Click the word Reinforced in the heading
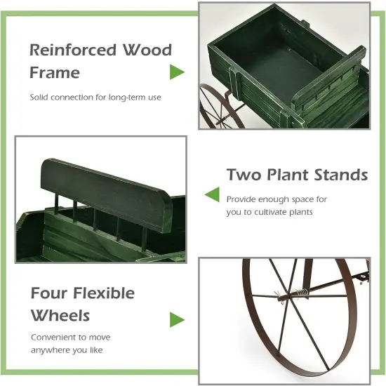click(x=72, y=51)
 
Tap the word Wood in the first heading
click(x=146, y=51)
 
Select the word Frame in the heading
click(x=55, y=72)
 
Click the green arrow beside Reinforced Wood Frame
click(x=177, y=72)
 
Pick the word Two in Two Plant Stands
click(x=243, y=175)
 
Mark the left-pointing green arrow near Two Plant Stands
click(x=211, y=194)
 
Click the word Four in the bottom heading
click(x=51, y=293)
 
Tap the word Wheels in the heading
click(x=60, y=315)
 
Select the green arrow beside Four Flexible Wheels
click(x=177, y=319)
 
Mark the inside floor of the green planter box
click(x=281, y=77)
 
